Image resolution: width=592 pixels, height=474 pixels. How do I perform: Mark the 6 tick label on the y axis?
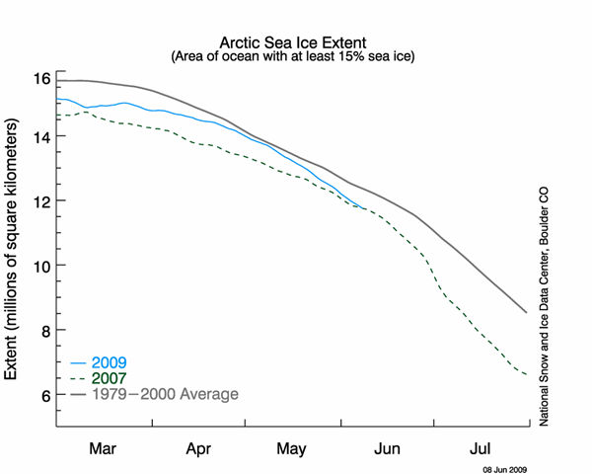(x=42, y=395)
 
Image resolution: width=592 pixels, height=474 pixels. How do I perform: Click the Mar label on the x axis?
(x=104, y=448)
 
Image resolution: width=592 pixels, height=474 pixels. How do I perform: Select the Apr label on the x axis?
(x=199, y=448)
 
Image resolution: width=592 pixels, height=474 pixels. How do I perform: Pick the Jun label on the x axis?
(x=388, y=448)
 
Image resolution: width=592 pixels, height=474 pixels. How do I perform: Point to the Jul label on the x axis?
(x=482, y=448)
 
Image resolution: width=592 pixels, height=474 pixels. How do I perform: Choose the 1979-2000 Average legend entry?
(x=166, y=394)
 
